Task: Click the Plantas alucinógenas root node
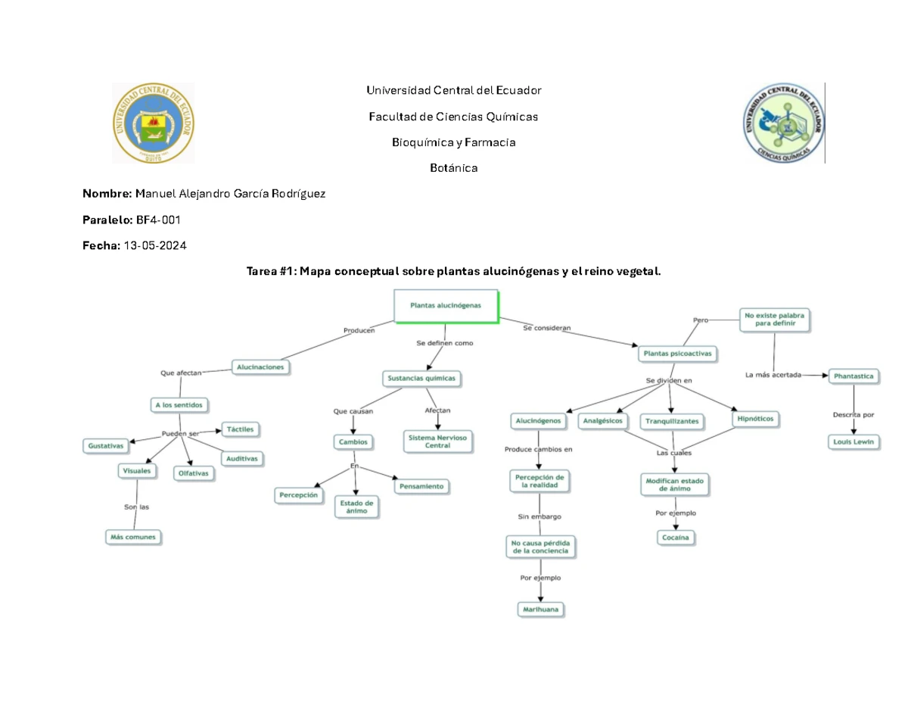click(445, 306)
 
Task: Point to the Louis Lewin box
click(854, 441)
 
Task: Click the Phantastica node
click(854, 375)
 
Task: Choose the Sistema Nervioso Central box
click(437, 441)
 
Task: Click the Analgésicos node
click(603, 420)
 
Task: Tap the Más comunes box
click(135, 537)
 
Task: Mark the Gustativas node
click(104, 446)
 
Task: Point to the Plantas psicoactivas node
click(676, 353)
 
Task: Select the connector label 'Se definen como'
click(444, 342)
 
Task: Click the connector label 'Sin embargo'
click(539, 516)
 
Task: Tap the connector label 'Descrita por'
click(854, 414)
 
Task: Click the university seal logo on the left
click(153, 123)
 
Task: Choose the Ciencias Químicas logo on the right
click(781, 123)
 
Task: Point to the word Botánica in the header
click(453, 167)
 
